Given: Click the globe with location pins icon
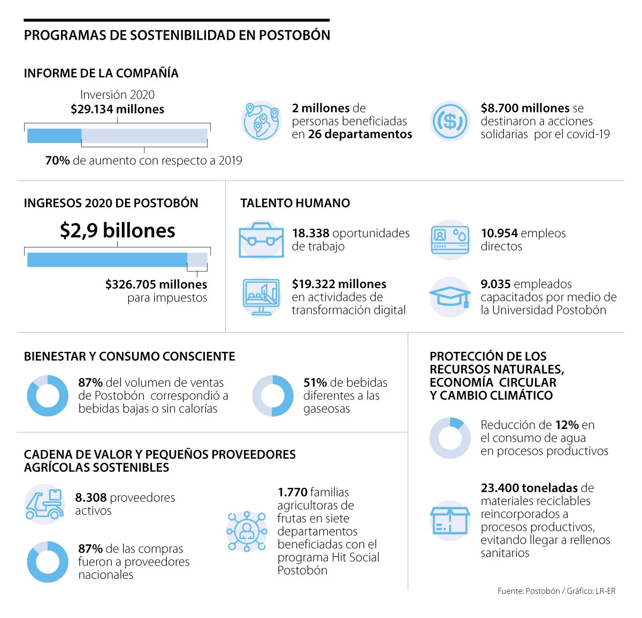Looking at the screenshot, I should tap(261, 121).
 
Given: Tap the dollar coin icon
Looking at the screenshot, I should tap(450, 121).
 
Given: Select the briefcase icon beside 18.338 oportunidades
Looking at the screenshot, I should tap(261, 240).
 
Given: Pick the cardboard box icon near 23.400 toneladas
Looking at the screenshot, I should tap(450, 520).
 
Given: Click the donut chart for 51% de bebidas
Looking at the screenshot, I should tap(273, 396).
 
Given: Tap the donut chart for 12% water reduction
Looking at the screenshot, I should tap(450, 438).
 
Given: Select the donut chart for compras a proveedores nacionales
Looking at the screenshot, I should tap(48, 562).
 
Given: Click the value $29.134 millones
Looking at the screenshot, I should tap(117, 109).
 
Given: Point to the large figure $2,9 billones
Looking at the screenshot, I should tap(117, 231).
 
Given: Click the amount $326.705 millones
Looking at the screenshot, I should tap(156, 284).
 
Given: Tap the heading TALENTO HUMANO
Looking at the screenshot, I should tap(295, 204).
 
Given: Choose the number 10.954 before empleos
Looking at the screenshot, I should tap(499, 233).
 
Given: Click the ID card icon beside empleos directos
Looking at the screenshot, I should tap(450, 240).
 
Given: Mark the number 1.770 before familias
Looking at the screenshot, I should tap(292, 492).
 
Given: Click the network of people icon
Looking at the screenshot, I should tap(247, 531).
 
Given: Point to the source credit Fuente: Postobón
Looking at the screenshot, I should tap(528, 591).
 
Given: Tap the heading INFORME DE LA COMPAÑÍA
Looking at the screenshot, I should tap(101, 73).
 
